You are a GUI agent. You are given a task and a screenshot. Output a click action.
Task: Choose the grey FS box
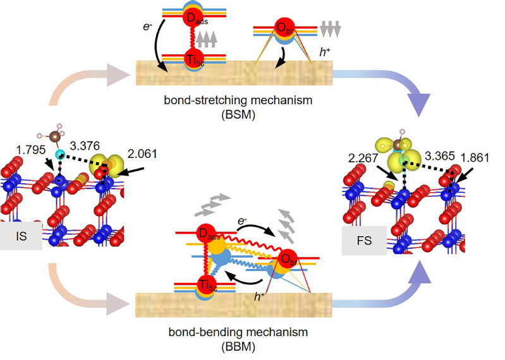click(x=363, y=241)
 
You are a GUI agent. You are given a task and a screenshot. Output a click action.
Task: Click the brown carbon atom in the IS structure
click(x=56, y=136)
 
